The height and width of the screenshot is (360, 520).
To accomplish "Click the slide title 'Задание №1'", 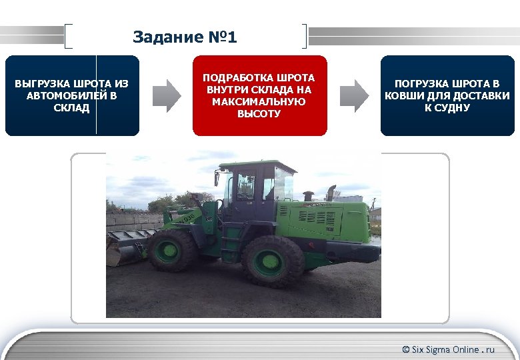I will (x=185, y=37).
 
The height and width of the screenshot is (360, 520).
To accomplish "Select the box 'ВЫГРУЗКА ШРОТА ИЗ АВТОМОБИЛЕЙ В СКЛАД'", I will (x=71, y=95).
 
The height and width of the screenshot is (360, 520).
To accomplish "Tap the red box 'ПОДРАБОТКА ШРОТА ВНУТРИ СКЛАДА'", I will (x=259, y=95).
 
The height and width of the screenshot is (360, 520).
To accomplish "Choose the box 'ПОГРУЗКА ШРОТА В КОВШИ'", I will (x=447, y=95).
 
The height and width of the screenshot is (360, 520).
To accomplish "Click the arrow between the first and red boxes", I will (x=166, y=95).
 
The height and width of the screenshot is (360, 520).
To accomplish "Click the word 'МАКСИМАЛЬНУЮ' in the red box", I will (x=259, y=101).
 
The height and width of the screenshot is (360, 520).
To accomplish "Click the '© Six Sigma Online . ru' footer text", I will (x=448, y=349).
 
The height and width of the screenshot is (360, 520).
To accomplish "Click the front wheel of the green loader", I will (x=172, y=251).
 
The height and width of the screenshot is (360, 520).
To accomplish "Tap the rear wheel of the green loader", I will (x=273, y=260).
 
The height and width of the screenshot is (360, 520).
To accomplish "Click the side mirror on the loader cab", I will (x=217, y=178).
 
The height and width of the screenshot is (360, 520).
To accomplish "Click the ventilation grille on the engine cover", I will (x=319, y=216).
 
